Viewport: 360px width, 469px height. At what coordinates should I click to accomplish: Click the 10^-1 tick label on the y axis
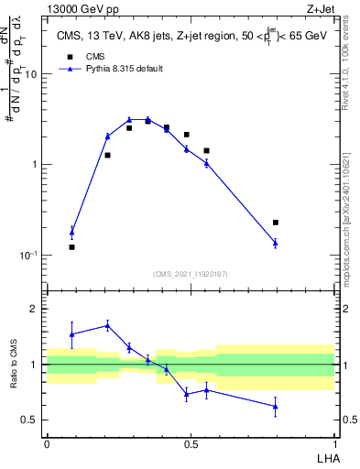click(31, 255)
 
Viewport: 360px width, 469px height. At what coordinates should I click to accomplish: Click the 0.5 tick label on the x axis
click(191, 444)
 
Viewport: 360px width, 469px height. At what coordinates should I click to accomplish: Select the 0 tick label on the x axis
click(47, 444)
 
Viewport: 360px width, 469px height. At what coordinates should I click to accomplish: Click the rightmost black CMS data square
click(275, 223)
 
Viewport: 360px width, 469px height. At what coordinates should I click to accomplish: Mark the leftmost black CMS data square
click(72, 247)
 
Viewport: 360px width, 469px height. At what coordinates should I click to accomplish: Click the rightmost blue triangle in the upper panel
click(275, 243)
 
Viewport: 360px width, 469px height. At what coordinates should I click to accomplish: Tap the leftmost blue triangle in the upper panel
click(72, 232)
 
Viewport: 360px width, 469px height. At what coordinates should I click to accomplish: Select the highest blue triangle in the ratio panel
click(108, 325)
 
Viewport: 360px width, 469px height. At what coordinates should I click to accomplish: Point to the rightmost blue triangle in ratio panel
click(275, 407)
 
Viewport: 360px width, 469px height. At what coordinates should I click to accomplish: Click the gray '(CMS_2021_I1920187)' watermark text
click(190, 272)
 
